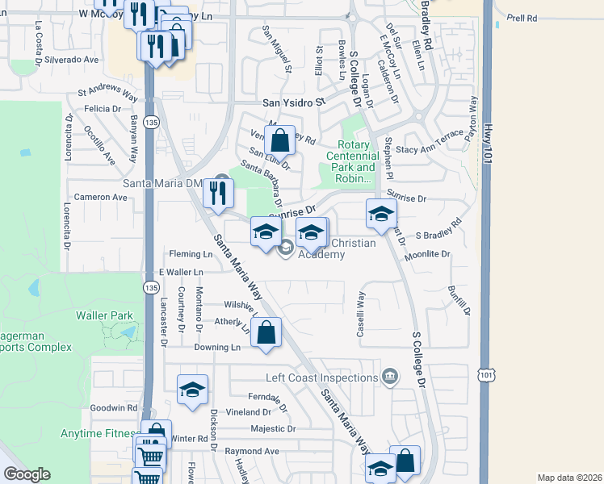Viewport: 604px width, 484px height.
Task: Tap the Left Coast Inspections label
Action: [x=322, y=378]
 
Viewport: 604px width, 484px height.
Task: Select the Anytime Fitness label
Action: [x=99, y=433]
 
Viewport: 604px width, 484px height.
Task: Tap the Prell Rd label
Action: [x=522, y=17]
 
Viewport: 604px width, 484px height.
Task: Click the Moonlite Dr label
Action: [x=428, y=254]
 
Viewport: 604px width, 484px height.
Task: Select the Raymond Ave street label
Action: [x=252, y=451]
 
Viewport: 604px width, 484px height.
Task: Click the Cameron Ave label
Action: [x=97, y=197]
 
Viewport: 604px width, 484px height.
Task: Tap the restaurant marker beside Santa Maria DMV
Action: [x=217, y=193]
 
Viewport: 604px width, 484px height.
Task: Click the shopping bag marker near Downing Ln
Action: [x=266, y=332]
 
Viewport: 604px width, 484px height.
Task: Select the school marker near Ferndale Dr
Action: [x=192, y=390]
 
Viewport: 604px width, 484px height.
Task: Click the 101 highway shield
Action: [x=486, y=375]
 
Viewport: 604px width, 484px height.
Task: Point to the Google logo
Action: [x=27, y=474]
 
